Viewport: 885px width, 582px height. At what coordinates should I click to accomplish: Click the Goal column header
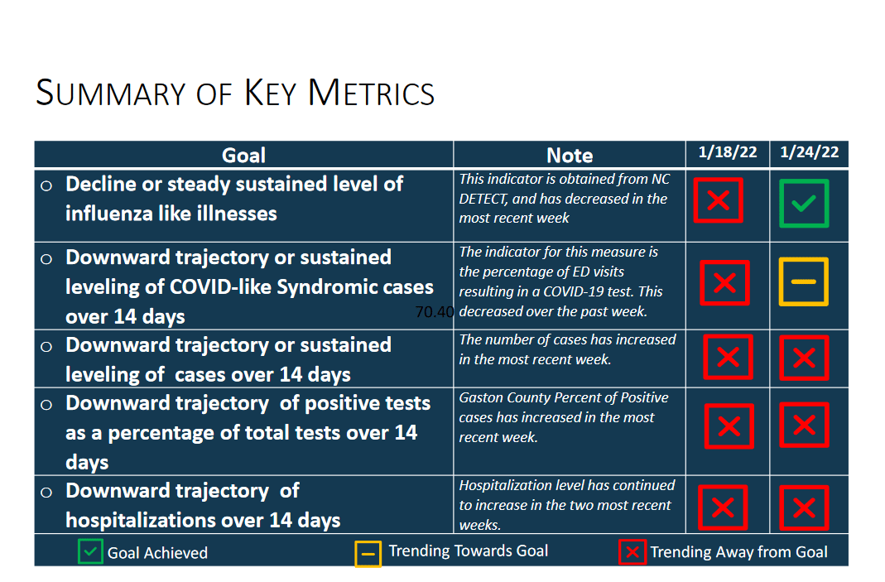[243, 156]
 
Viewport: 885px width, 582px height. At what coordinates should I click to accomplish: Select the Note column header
[570, 156]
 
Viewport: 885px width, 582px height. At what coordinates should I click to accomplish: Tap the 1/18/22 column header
[728, 152]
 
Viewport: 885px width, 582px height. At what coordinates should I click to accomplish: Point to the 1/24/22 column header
[810, 152]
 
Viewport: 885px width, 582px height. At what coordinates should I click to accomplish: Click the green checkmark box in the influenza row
[804, 203]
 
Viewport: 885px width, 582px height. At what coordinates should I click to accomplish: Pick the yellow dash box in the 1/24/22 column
[803, 281]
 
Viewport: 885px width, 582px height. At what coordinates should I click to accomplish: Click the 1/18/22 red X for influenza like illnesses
[718, 200]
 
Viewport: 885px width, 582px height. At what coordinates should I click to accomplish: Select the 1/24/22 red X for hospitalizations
[804, 508]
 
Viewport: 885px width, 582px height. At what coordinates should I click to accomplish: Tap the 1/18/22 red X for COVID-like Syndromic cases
[724, 283]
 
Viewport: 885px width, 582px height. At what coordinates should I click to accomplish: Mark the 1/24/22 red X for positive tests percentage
[804, 425]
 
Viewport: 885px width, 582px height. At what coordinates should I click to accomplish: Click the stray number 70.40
[434, 312]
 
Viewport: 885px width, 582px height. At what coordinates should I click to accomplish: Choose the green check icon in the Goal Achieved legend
[90, 551]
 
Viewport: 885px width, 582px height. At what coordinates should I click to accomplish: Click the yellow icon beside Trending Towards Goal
[368, 554]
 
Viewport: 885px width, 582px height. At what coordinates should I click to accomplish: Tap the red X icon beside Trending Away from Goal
[632, 552]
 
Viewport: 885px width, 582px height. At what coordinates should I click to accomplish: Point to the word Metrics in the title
[371, 94]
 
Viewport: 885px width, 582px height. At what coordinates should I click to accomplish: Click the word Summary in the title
[111, 94]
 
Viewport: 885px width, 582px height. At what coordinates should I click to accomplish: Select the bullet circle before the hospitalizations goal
[46, 493]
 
